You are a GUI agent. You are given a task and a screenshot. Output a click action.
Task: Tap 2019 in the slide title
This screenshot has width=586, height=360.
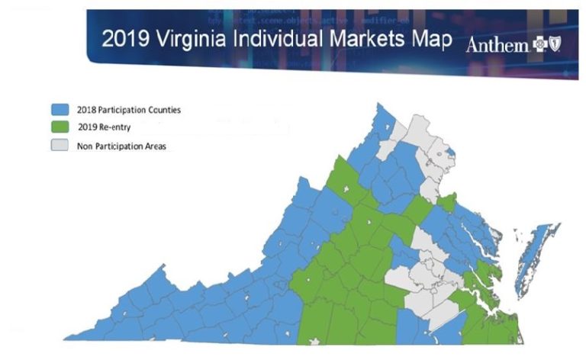point(123,39)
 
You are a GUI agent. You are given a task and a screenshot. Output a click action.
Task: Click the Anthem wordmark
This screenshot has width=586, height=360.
point(497,47)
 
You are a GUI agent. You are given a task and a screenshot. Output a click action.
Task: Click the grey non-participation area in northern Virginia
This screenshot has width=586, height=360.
point(427,145)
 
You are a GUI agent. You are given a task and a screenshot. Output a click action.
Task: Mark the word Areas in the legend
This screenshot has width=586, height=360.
point(153,146)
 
